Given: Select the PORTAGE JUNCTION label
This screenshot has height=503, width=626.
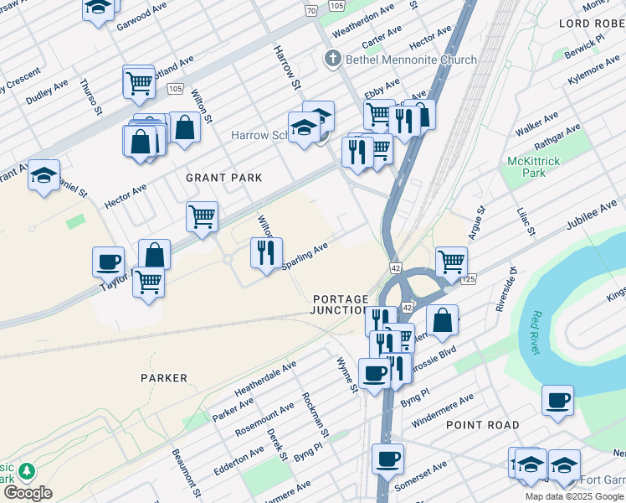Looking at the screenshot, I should tap(341, 304).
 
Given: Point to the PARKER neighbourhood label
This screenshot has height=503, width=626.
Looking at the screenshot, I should tap(164, 378).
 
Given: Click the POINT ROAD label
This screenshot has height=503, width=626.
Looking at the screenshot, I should tap(482, 425).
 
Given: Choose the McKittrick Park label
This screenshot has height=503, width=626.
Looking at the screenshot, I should tap(526, 166).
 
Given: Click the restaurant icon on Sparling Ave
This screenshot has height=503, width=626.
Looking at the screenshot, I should tap(267, 252).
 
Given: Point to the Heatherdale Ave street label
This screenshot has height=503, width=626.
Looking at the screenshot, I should tap(265, 380).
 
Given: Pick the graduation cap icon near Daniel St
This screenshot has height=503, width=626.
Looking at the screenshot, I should tap(44, 174).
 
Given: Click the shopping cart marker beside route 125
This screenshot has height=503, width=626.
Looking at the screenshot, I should tap(451, 261).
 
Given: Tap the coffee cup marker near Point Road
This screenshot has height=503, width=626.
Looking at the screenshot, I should tap(557, 399).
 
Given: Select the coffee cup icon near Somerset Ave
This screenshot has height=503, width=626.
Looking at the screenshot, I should tap(387, 459).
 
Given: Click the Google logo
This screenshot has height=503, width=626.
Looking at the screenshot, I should tap(28, 493).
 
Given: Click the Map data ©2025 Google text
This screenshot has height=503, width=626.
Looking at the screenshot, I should tap(575, 496).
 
